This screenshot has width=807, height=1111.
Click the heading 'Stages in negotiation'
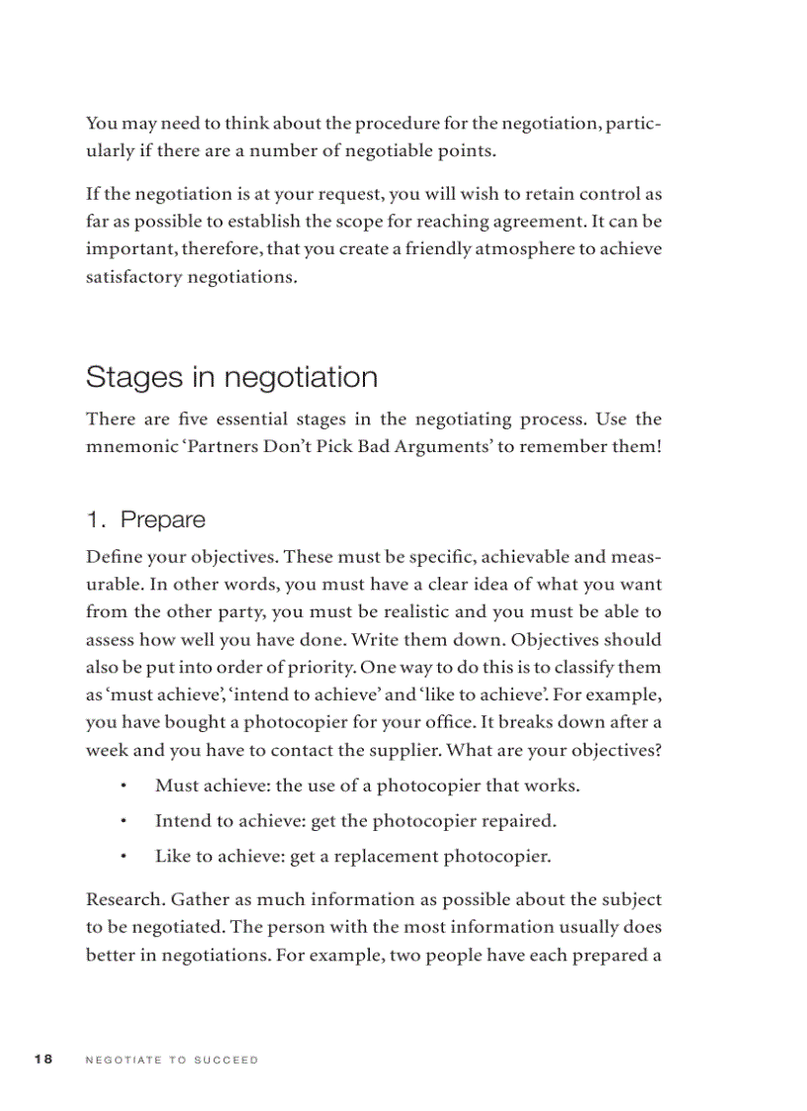(231, 377)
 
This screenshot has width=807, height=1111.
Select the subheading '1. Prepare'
(145, 519)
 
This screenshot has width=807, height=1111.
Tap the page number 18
(43, 1060)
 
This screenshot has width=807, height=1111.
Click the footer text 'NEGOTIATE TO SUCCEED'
(172, 1060)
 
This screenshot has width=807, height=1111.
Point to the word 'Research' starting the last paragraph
(124, 900)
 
